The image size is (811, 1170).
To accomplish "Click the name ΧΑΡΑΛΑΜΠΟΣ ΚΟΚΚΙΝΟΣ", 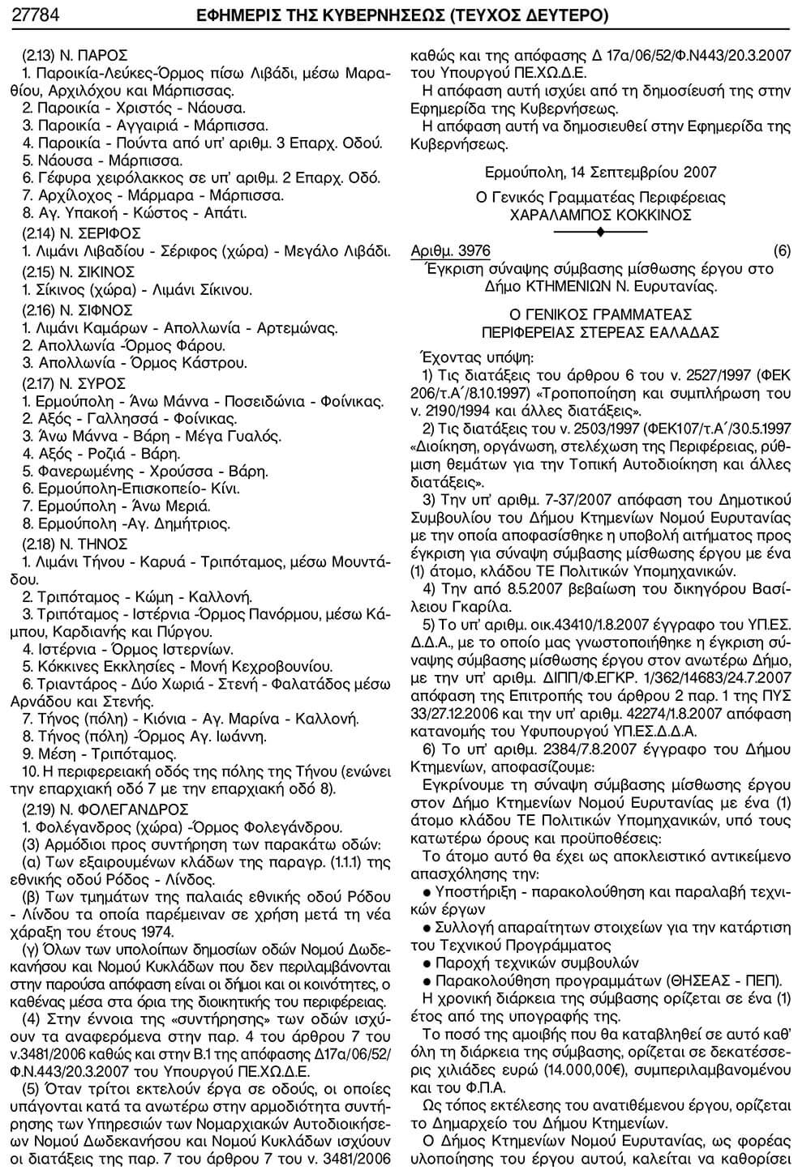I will (600, 215).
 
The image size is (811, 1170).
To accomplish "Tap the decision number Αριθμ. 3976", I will (451, 251).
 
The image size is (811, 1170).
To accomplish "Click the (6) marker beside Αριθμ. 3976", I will (781, 251).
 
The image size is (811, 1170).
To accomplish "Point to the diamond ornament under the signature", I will (601, 233).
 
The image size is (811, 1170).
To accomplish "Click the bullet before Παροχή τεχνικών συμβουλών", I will (427, 963).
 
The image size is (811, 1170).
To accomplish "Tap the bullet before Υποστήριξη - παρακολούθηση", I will (427, 892).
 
